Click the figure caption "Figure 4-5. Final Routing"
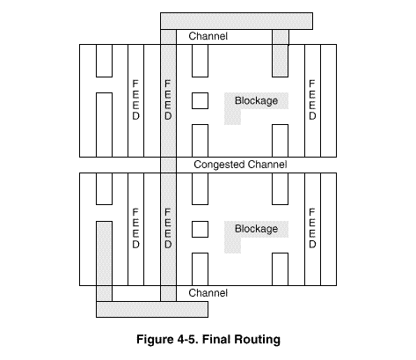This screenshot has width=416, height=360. click(x=208, y=340)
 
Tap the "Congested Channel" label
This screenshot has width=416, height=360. click(x=240, y=165)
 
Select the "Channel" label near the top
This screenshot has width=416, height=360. click(x=208, y=36)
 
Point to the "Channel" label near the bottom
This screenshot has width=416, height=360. click(x=208, y=293)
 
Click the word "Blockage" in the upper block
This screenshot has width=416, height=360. click(x=256, y=100)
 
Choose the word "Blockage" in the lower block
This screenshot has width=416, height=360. click(x=256, y=229)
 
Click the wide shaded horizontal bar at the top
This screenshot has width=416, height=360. click(x=237, y=21)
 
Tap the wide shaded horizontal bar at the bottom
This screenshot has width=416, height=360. click(x=152, y=309)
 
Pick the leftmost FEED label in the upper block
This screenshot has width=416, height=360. click(x=135, y=99)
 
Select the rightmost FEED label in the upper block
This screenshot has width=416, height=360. click(x=312, y=99)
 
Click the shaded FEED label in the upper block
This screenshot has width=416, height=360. click(x=168, y=99)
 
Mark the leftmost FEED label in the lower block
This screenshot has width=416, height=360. click(x=135, y=228)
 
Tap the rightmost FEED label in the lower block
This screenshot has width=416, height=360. click(x=312, y=228)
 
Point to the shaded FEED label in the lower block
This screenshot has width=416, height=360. click(x=168, y=228)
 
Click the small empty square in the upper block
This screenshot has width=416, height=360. click(x=200, y=100)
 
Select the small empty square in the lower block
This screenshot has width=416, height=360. click(x=200, y=229)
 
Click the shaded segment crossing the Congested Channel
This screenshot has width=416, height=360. click(x=168, y=165)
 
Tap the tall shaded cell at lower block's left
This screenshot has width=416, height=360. click(x=104, y=253)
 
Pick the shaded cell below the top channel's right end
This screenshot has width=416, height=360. click(x=280, y=61)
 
